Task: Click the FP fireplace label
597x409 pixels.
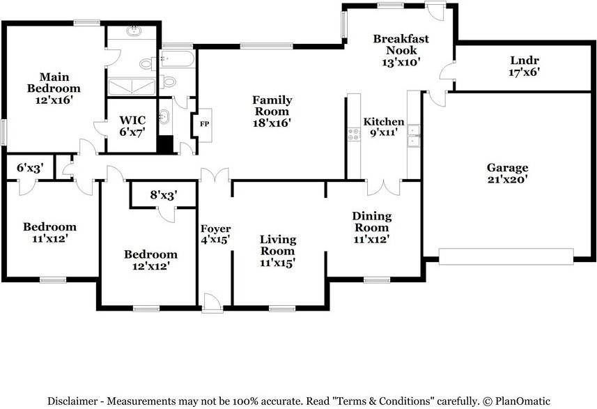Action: click(x=205, y=124)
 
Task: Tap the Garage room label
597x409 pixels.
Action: click(x=508, y=167)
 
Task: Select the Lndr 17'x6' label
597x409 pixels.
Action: click(x=525, y=66)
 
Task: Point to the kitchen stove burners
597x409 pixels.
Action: click(x=354, y=134)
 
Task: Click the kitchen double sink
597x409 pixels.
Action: click(x=413, y=136)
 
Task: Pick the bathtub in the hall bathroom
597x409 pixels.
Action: click(x=178, y=59)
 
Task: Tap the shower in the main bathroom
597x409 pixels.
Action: click(x=132, y=86)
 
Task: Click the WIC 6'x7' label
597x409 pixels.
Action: click(x=132, y=126)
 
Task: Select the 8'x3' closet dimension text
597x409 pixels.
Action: click(x=164, y=195)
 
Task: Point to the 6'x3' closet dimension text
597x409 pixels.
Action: click(x=30, y=168)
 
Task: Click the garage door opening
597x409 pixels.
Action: click(x=506, y=256)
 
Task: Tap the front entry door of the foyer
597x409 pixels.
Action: click(x=212, y=303)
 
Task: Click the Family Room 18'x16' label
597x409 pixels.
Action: click(x=272, y=111)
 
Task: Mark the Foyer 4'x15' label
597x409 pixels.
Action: click(x=215, y=234)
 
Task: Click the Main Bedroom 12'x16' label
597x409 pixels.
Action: click(x=54, y=88)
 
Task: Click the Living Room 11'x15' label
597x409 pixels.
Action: click(x=277, y=251)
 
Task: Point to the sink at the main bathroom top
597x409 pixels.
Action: click(x=134, y=31)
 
